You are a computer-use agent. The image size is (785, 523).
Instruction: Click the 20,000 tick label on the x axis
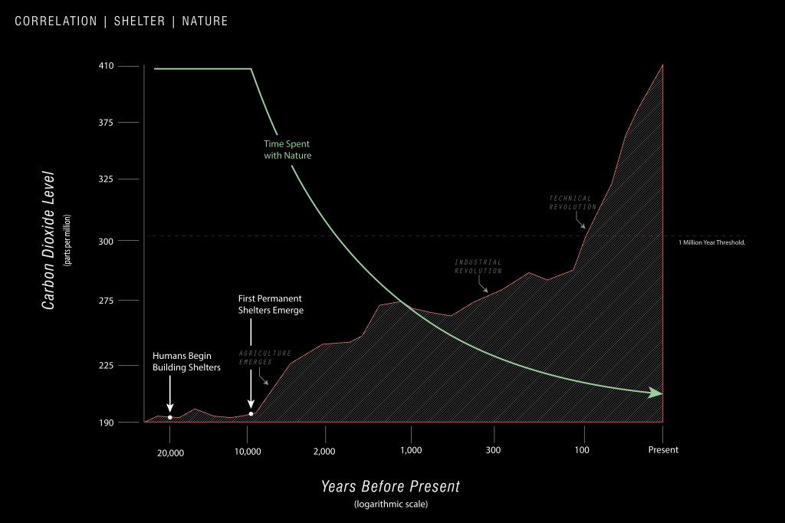coord(170,450)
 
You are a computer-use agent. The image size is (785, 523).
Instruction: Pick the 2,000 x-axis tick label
coord(324,450)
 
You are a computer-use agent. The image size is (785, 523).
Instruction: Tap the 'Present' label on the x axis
coord(663,450)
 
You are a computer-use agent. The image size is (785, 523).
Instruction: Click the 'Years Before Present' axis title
coord(390,486)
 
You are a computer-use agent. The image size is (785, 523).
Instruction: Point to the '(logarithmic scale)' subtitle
coord(390,505)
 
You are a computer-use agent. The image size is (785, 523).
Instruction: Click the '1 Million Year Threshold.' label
coord(712,242)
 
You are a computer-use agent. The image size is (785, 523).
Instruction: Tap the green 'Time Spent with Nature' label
coord(287,150)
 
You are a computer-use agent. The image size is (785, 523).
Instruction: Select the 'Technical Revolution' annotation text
coord(572,202)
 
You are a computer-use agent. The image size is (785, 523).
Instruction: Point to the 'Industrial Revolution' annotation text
coord(478,267)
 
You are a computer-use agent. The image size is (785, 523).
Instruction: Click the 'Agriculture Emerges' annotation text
coord(265,357)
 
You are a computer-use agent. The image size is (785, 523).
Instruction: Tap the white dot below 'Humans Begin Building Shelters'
coord(170,417)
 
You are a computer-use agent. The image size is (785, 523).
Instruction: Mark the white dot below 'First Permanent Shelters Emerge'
coord(251,413)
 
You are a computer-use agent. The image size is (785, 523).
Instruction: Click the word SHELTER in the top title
coord(140,21)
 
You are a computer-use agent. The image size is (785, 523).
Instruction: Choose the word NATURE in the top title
coord(206,21)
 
